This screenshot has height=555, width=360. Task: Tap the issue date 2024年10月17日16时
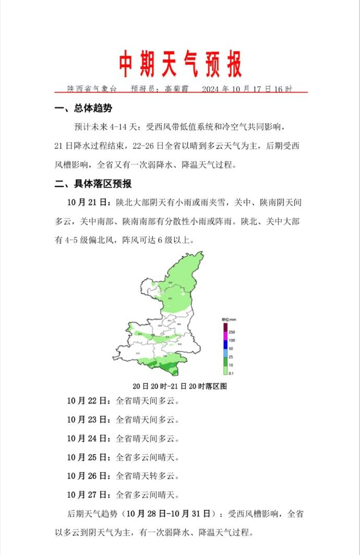247,89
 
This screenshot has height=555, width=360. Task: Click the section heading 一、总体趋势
83,108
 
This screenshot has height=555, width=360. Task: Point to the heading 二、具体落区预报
93,184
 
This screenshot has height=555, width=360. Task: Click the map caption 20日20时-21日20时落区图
180,387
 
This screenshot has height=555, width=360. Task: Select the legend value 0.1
232,373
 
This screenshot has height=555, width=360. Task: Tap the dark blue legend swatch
225,344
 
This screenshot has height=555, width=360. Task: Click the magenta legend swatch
225,336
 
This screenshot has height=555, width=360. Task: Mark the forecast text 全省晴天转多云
147,476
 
